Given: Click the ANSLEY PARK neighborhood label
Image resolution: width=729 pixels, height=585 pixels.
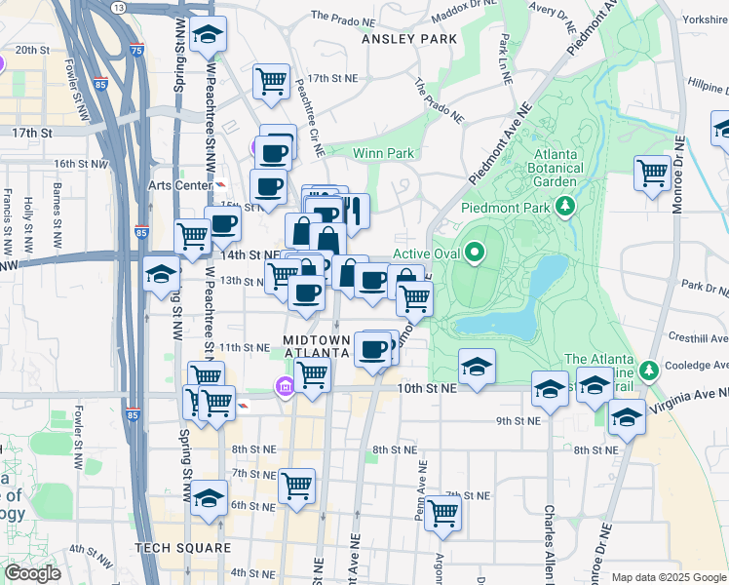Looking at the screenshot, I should coord(408,39).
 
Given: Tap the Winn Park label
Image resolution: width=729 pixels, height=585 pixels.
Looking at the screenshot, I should coord(383,153).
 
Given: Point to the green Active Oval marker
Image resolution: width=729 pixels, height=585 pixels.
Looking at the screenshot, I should coord(475,253).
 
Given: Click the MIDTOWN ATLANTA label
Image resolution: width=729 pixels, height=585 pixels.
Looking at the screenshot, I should coord(316,345).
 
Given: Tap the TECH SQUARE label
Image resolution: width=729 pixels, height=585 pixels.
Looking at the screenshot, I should coord(184,548).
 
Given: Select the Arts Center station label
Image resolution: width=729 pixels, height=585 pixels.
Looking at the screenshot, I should coord(179,185).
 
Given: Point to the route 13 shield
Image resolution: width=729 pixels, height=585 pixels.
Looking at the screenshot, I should coord(119,6).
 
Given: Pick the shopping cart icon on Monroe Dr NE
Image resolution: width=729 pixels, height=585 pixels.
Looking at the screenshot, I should coord(652,174).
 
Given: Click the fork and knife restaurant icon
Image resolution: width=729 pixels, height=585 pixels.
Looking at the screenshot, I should coord(352,210).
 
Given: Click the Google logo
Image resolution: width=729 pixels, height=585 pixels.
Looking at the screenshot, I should coord(32,573).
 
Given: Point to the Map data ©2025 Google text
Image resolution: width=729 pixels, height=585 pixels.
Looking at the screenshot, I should coord(668,577).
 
